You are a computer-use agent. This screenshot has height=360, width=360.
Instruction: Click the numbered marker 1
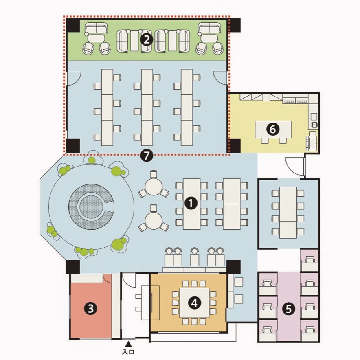point(191,203)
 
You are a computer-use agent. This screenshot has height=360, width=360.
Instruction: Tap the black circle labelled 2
point(147,40)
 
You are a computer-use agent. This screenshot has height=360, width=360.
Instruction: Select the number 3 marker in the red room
point(91,308)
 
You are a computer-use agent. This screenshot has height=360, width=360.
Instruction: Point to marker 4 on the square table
point(194,303)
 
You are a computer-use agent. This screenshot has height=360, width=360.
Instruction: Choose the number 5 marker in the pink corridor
point(289,309)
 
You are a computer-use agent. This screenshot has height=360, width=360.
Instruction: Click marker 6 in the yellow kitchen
point(272,129)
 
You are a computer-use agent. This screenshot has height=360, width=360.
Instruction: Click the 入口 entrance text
point(129,352)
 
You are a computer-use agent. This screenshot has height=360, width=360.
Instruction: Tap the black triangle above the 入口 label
point(129,344)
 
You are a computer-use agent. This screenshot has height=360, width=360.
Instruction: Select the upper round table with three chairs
point(154,186)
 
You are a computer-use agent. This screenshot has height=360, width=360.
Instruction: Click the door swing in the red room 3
point(107,278)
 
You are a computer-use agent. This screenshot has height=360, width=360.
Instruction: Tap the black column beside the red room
point(73,267)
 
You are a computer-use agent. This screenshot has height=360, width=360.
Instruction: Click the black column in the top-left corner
point(73,26)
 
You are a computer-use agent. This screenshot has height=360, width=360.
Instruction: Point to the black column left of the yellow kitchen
point(235,145)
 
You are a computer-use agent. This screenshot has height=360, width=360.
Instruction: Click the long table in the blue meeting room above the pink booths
point(288,213)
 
